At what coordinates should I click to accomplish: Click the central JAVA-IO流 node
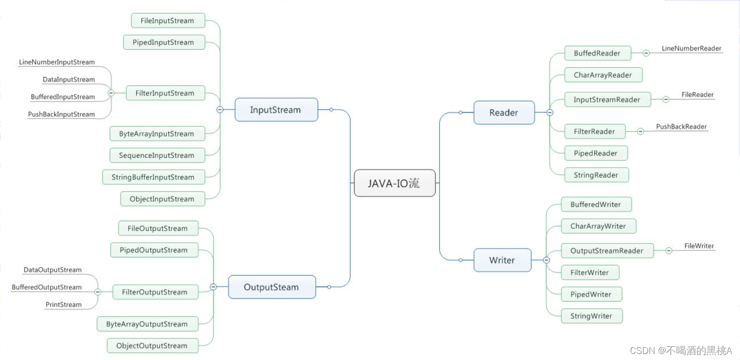(x=395, y=183)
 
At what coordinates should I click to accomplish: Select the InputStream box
(x=276, y=110)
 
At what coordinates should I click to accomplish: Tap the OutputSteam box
(x=271, y=287)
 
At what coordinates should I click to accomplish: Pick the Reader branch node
(x=504, y=113)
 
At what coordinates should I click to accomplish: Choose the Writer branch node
(x=502, y=260)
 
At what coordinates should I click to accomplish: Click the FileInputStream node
(x=168, y=21)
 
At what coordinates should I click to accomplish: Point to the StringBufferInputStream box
(x=153, y=177)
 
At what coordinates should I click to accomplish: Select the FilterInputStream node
(x=164, y=93)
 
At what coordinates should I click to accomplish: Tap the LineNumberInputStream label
(x=57, y=62)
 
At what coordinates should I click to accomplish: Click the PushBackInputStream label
(x=61, y=114)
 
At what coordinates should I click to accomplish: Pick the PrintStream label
(x=63, y=304)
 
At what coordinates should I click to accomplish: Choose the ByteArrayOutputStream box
(x=147, y=324)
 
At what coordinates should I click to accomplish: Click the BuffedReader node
(x=597, y=53)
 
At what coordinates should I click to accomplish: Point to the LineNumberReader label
(x=691, y=49)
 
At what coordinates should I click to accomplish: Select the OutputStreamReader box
(x=607, y=251)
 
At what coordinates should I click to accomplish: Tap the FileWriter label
(x=699, y=246)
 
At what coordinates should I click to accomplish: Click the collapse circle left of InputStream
(x=220, y=110)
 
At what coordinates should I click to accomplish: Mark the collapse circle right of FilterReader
(x=640, y=132)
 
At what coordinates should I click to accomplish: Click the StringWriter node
(x=591, y=316)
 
